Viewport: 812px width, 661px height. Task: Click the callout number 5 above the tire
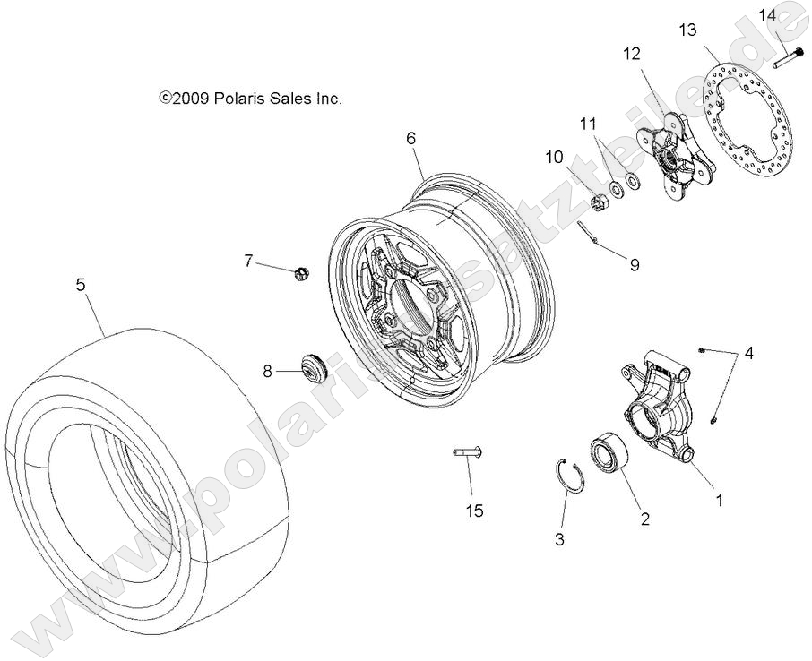coord(81,285)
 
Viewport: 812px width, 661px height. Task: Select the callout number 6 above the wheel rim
coord(410,138)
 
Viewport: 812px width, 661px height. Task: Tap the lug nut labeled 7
coord(301,272)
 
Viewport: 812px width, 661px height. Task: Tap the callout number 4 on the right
coord(748,352)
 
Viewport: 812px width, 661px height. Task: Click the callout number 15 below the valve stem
coord(474,511)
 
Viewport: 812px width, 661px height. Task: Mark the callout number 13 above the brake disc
coord(687,30)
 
